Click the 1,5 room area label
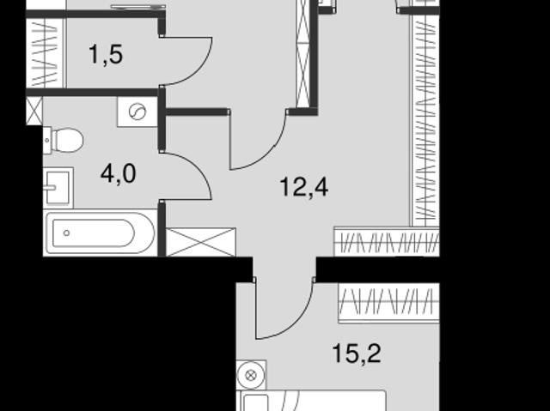[x=106, y=55]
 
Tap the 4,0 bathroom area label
[x=118, y=174]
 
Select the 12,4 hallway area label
[x=304, y=187]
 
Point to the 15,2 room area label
[x=357, y=353]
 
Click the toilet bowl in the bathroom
[x=67, y=140]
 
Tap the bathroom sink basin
[x=58, y=188]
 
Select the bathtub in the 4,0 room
[x=100, y=233]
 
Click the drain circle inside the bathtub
[x=67, y=233]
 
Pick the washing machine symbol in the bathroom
[x=137, y=112]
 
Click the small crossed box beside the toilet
[x=34, y=111]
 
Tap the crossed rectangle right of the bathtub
[x=200, y=242]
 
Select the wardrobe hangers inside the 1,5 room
[x=46, y=52]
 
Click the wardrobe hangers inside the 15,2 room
[x=388, y=303]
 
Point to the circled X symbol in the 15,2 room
[x=250, y=376]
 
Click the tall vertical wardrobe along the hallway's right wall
[x=425, y=121]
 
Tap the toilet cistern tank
[x=47, y=141]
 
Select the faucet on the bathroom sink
[x=50, y=188]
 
